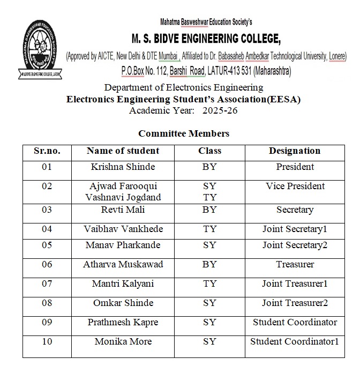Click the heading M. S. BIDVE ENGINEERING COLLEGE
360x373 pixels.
(x=206, y=39)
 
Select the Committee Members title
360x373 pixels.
(x=183, y=133)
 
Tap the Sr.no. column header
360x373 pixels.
(x=47, y=151)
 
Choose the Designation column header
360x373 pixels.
(x=294, y=151)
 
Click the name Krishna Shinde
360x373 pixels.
(x=123, y=167)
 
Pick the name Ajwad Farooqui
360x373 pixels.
(x=123, y=186)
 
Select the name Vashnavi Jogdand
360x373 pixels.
(x=123, y=197)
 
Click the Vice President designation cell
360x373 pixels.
(x=295, y=186)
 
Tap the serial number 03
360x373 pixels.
(x=47, y=210)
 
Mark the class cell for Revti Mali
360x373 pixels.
(x=209, y=210)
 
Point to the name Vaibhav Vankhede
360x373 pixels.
(x=123, y=229)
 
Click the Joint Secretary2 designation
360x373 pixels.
(x=295, y=245)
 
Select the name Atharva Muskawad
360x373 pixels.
(x=123, y=264)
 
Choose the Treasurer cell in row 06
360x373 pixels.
(x=295, y=264)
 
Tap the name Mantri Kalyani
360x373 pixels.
(x=123, y=284)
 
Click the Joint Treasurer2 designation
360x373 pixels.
(x=295, y=303)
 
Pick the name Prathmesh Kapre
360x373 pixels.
(x=123, y=322)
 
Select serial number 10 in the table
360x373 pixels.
(x=47, y=341)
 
